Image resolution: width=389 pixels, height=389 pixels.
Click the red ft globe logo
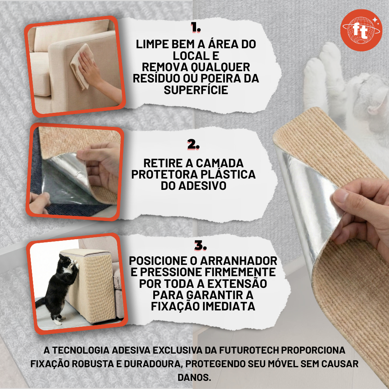pyautogui.click(x=361, y=30)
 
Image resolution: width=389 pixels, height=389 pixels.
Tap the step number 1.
pyautogui.click(x=196, y=28)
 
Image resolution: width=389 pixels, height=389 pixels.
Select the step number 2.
pyautogui.click(x=193, y=144)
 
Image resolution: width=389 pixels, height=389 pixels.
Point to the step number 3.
pyautogui.click(x=200, y=245)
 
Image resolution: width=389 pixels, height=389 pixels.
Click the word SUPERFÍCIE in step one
pyautogui.click(x=196, y=90)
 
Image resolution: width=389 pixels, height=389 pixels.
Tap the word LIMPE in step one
pyautogui.click(x=152, y=44)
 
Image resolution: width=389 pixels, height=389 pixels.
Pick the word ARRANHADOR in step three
pyautogui.click(x=239, y=261)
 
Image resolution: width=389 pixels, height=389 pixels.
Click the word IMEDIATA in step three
pyautogui.click(x=229, y=306)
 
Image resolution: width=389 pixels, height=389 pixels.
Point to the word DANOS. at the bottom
pyautogui.click(x=194, y=377)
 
